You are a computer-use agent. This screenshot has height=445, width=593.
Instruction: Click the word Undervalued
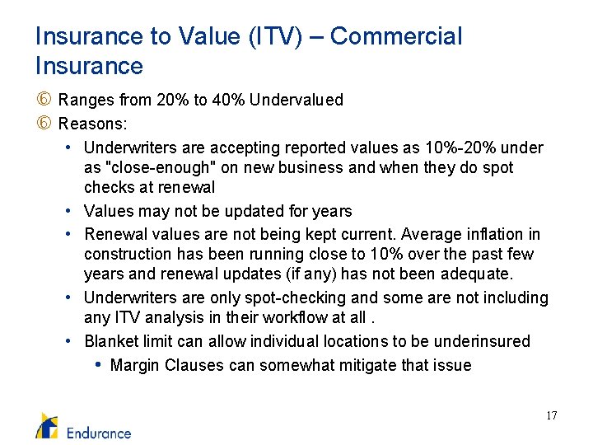[x=296, y=100]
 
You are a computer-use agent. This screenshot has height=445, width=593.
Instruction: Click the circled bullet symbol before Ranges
[x=44, y=100]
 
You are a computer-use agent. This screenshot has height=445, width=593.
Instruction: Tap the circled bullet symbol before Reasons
[x=44, y=124]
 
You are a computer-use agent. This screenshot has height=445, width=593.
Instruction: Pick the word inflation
[x=499, y=234]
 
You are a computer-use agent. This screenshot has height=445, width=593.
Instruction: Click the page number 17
[x=551, y=415]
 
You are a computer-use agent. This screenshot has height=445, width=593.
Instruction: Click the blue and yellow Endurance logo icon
[x=47, y=425]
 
